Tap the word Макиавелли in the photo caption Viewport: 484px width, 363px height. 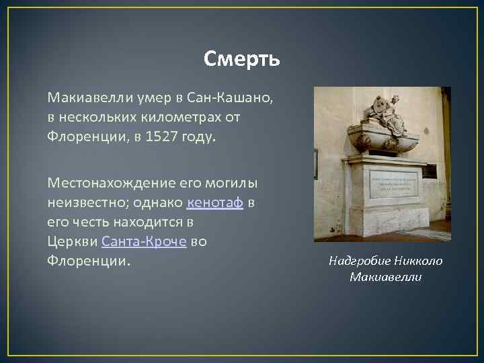pos(386,277)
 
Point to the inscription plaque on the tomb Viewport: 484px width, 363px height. pos(393,183)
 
